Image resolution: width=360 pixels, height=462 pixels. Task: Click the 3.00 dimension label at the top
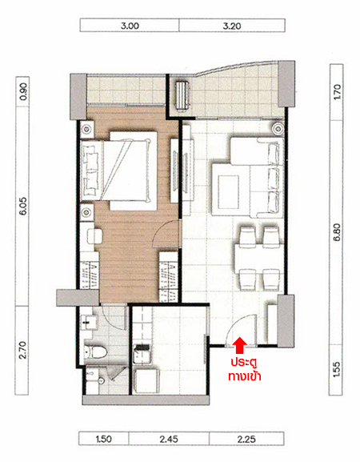130,26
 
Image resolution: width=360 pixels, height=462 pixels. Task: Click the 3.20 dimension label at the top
232,26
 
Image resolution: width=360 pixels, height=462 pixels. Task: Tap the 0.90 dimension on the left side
23,91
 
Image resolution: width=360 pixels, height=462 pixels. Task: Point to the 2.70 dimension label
23,350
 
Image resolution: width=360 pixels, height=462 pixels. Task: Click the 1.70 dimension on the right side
337,91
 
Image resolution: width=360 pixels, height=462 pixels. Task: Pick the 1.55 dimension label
337,369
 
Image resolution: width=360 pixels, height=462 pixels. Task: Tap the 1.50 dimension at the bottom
104,439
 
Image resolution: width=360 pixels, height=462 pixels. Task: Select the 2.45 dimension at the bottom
169,439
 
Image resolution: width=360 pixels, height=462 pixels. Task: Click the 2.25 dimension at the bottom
246,439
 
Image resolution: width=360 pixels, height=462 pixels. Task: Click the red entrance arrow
240,345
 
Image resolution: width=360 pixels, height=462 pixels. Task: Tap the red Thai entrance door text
245,369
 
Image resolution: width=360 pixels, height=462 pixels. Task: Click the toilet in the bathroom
94,351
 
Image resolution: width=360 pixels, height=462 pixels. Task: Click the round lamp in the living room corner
278,128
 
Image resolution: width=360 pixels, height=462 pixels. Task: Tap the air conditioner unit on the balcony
182,96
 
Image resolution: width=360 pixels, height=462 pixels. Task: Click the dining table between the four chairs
258,259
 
